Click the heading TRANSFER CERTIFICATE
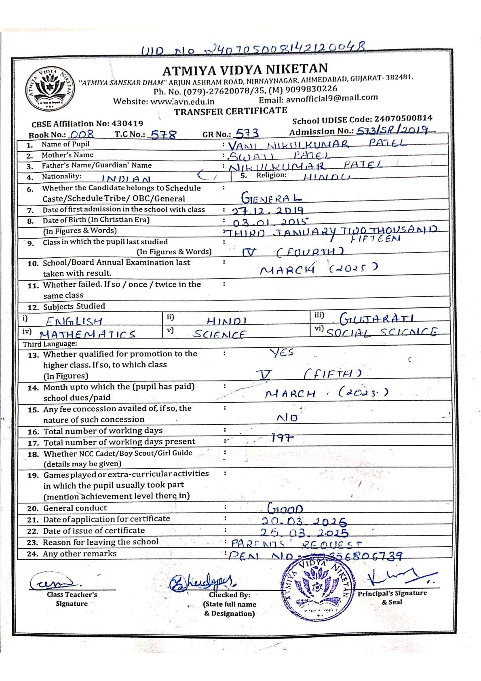pyautogui.click(x=230, y=111)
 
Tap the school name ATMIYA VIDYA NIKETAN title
pyautogui.click(x=245, y=70)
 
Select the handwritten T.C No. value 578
pyautogui.click(x=163, y=135)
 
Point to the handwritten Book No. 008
pyautogui.click(x=82, y=134)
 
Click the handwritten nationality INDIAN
pyautogui.click(x=126, y=179)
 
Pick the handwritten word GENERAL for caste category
pyautogui.click(x=271, y=198)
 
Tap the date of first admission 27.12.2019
pyautogui.click(x=268, y=211)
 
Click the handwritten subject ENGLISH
pyautogui.click(x=74, y=321)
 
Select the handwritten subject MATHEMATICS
pyautogui.click(x=88, y=334)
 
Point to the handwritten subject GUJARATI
pyautogui.click(x=377, y=319)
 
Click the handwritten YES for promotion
pyautogui.click(x=282, y=353)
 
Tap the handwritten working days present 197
pyautogui.click(x=282, y=438)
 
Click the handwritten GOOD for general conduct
pyautogui.click(x=285, y=508)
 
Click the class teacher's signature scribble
pyautogui.click(x=55, y=582)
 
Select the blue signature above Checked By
pyautogui.click(x=203, y=583)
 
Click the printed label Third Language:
pyautogui.click(x=50, y=344)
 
